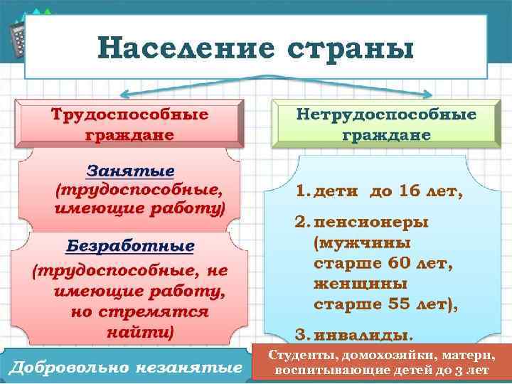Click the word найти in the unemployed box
tap(139, 331)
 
